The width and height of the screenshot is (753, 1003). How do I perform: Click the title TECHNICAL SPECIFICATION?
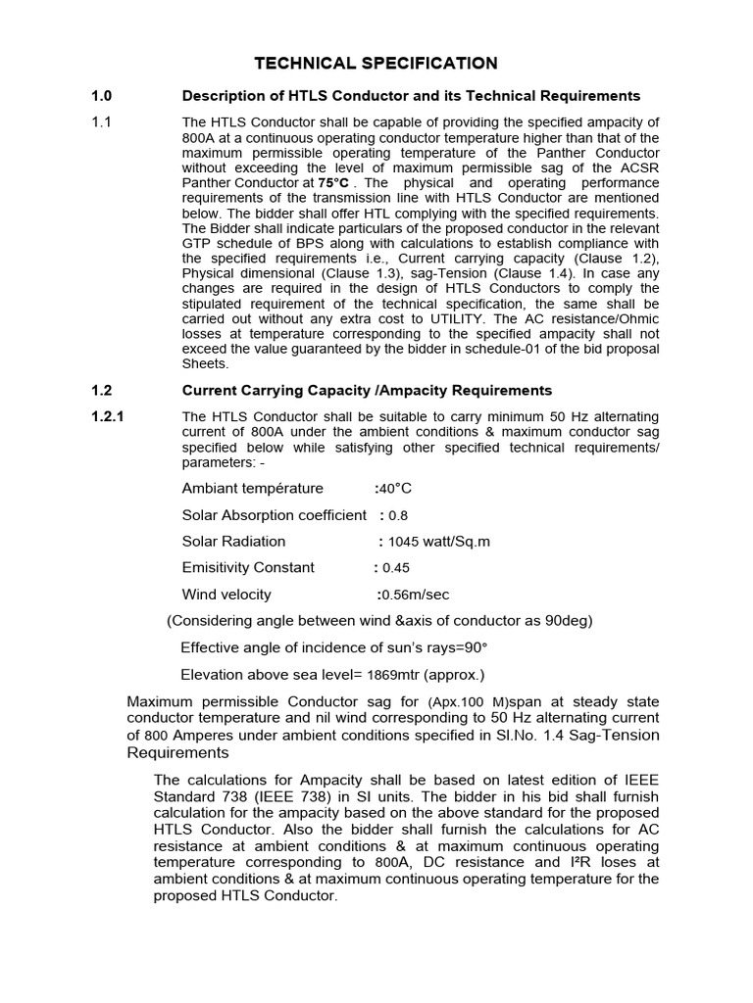pyautogui.click(x=376, y=64)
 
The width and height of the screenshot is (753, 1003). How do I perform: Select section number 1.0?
pyautogui.click(x=102, y=96)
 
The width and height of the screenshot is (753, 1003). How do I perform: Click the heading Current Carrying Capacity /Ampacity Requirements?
pyautogui.click(x=367, y=391)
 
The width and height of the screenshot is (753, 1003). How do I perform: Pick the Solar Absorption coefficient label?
pyautogui.click(x=274, y=515)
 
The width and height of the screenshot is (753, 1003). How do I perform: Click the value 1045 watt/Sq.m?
pyautogui.click(x=439, y=542)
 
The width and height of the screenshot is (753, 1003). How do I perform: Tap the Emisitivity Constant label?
pyautogui.click(x=248, y=567)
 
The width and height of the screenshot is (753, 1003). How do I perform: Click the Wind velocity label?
pyautogui.click(x=226, y=595)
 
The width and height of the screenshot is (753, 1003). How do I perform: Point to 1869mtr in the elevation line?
pyautogui.click(x=396, y=675)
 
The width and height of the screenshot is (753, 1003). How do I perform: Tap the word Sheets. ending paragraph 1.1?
pyautogui.click(x=205, y=362)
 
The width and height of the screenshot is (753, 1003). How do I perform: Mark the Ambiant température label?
pyautogui.click(x=252, y=489)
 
